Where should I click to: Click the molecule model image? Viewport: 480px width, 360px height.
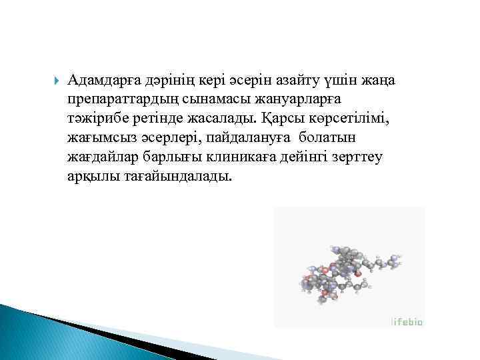(347, 270)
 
